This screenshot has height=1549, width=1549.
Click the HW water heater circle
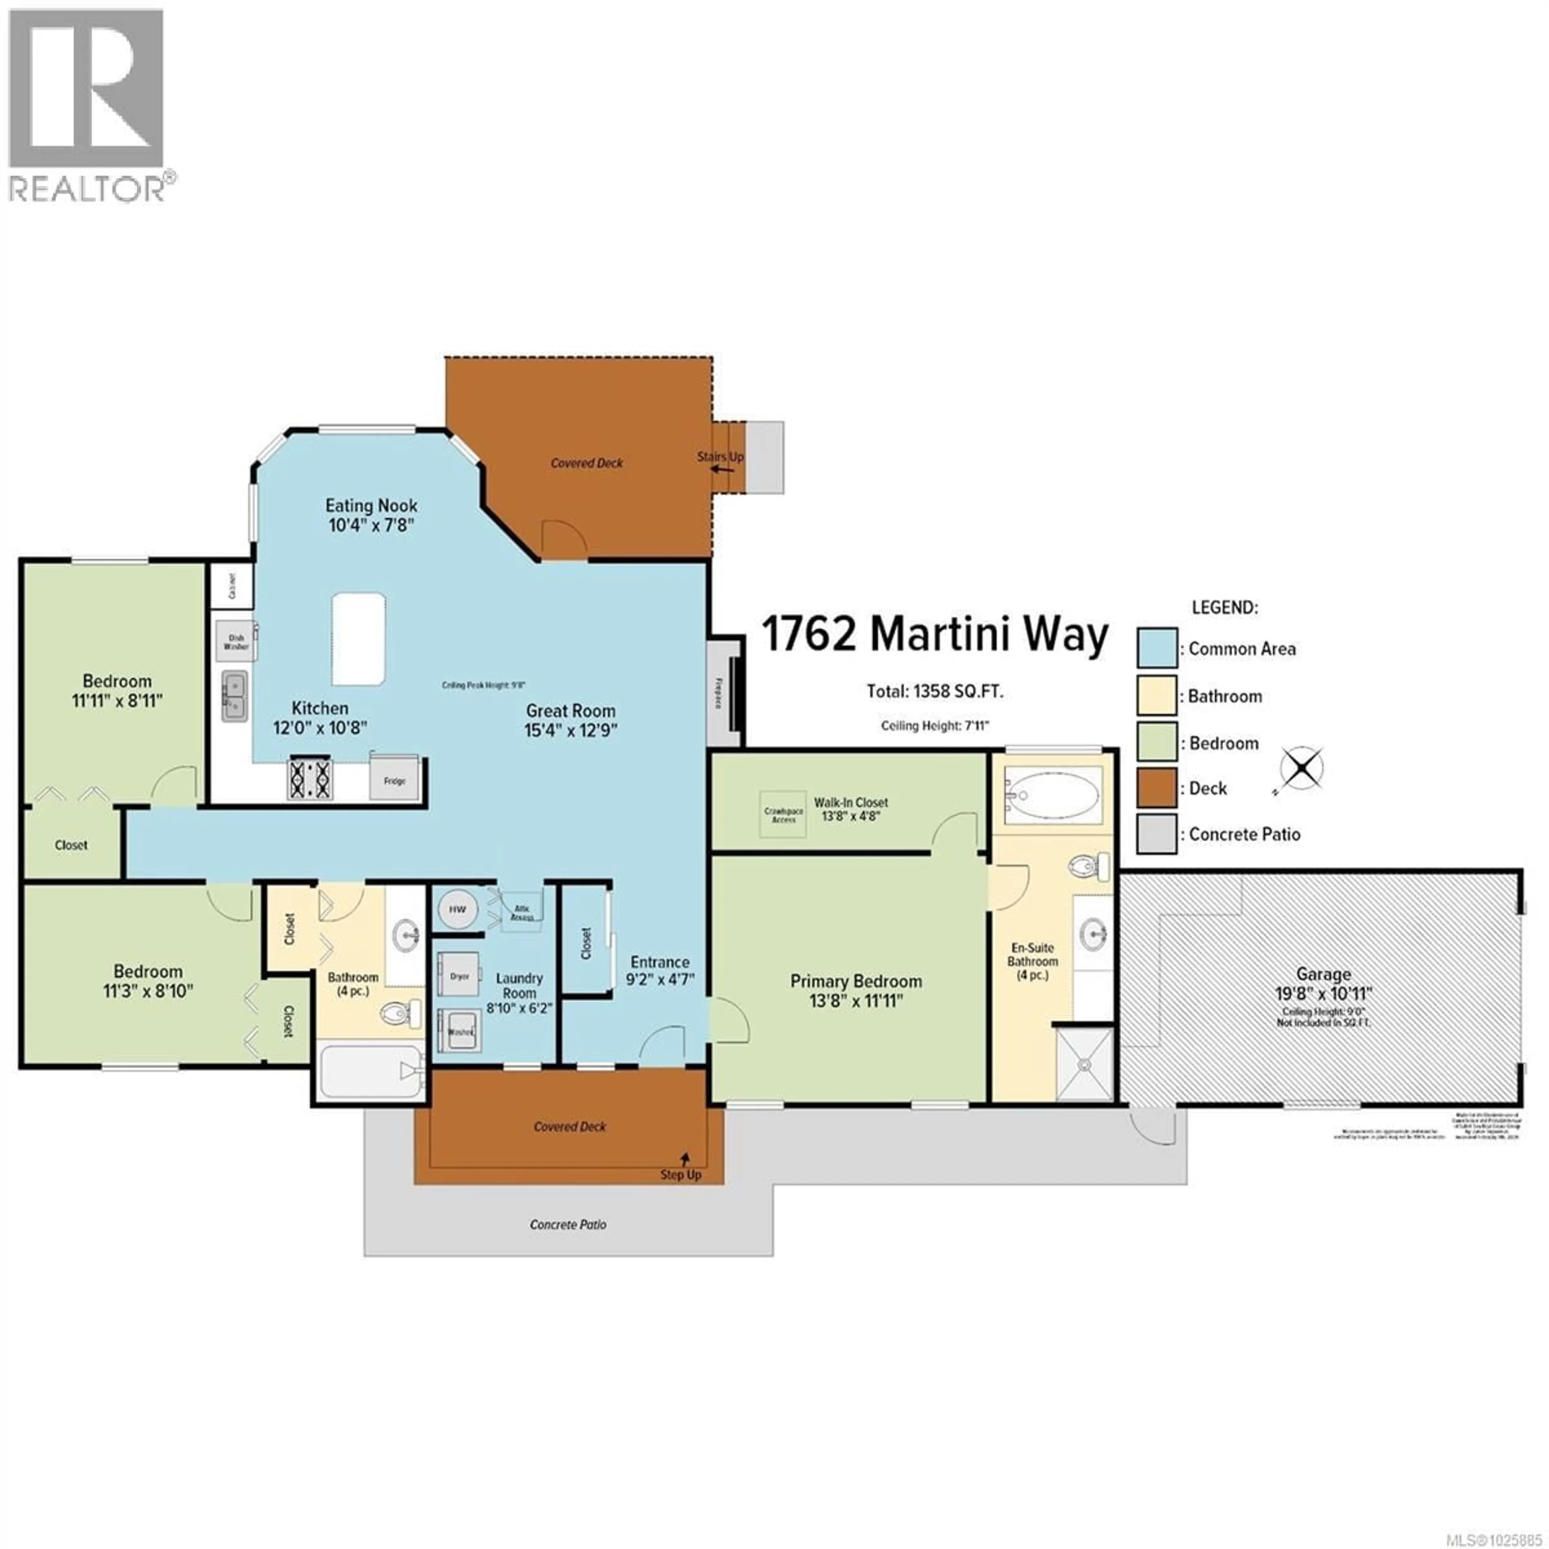[457, 909]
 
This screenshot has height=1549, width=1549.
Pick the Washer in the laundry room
[459, 1032]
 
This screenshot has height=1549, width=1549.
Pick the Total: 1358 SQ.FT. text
[935, 691]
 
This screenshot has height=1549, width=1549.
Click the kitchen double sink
[234, 696]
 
